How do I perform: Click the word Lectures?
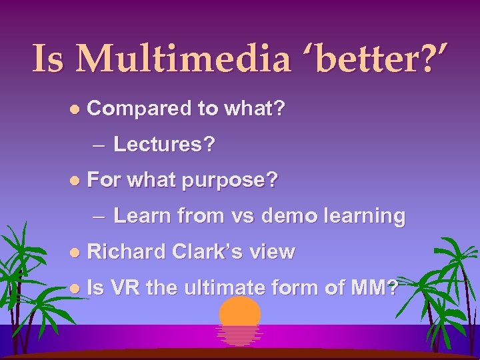(164, 145)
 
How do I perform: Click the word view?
(273, 251)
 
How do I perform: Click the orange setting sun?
(240, 317)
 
